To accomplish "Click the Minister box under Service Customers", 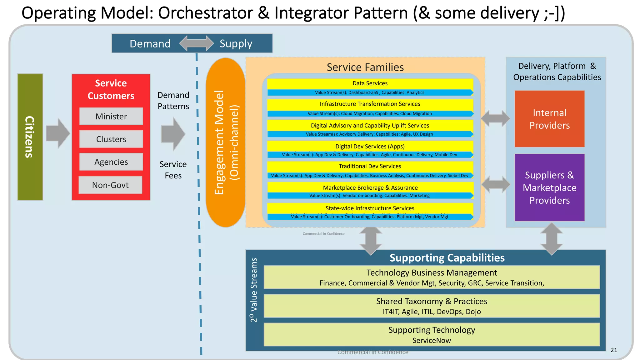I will tap(111, 116).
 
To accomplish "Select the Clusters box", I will tap(111, 139).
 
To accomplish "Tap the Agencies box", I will tap(111, 162).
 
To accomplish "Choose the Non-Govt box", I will tap(110, 185).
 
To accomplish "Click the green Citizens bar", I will tap(30, 137).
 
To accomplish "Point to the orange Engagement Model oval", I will tap(226, 142).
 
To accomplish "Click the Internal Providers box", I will tap(549, 119).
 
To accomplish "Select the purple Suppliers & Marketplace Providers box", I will tap(549, 187).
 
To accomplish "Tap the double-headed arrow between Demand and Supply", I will tap(197, 43).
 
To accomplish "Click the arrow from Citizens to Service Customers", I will tap(58, 133).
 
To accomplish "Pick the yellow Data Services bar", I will tap(370, 83).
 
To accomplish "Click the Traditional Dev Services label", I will tap(370, 166).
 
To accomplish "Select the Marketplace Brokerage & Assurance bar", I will tap(370, 187).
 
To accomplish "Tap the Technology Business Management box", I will tap(432, 277).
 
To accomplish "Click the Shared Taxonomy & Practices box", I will tap(432, 306).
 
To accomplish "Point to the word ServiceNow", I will tap(432, 340).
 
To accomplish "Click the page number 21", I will tap(614, 350).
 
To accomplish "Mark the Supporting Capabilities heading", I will tap(447, 258).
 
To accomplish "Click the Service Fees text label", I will tap(173, 170).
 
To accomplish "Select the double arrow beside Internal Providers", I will tap(495, 118).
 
